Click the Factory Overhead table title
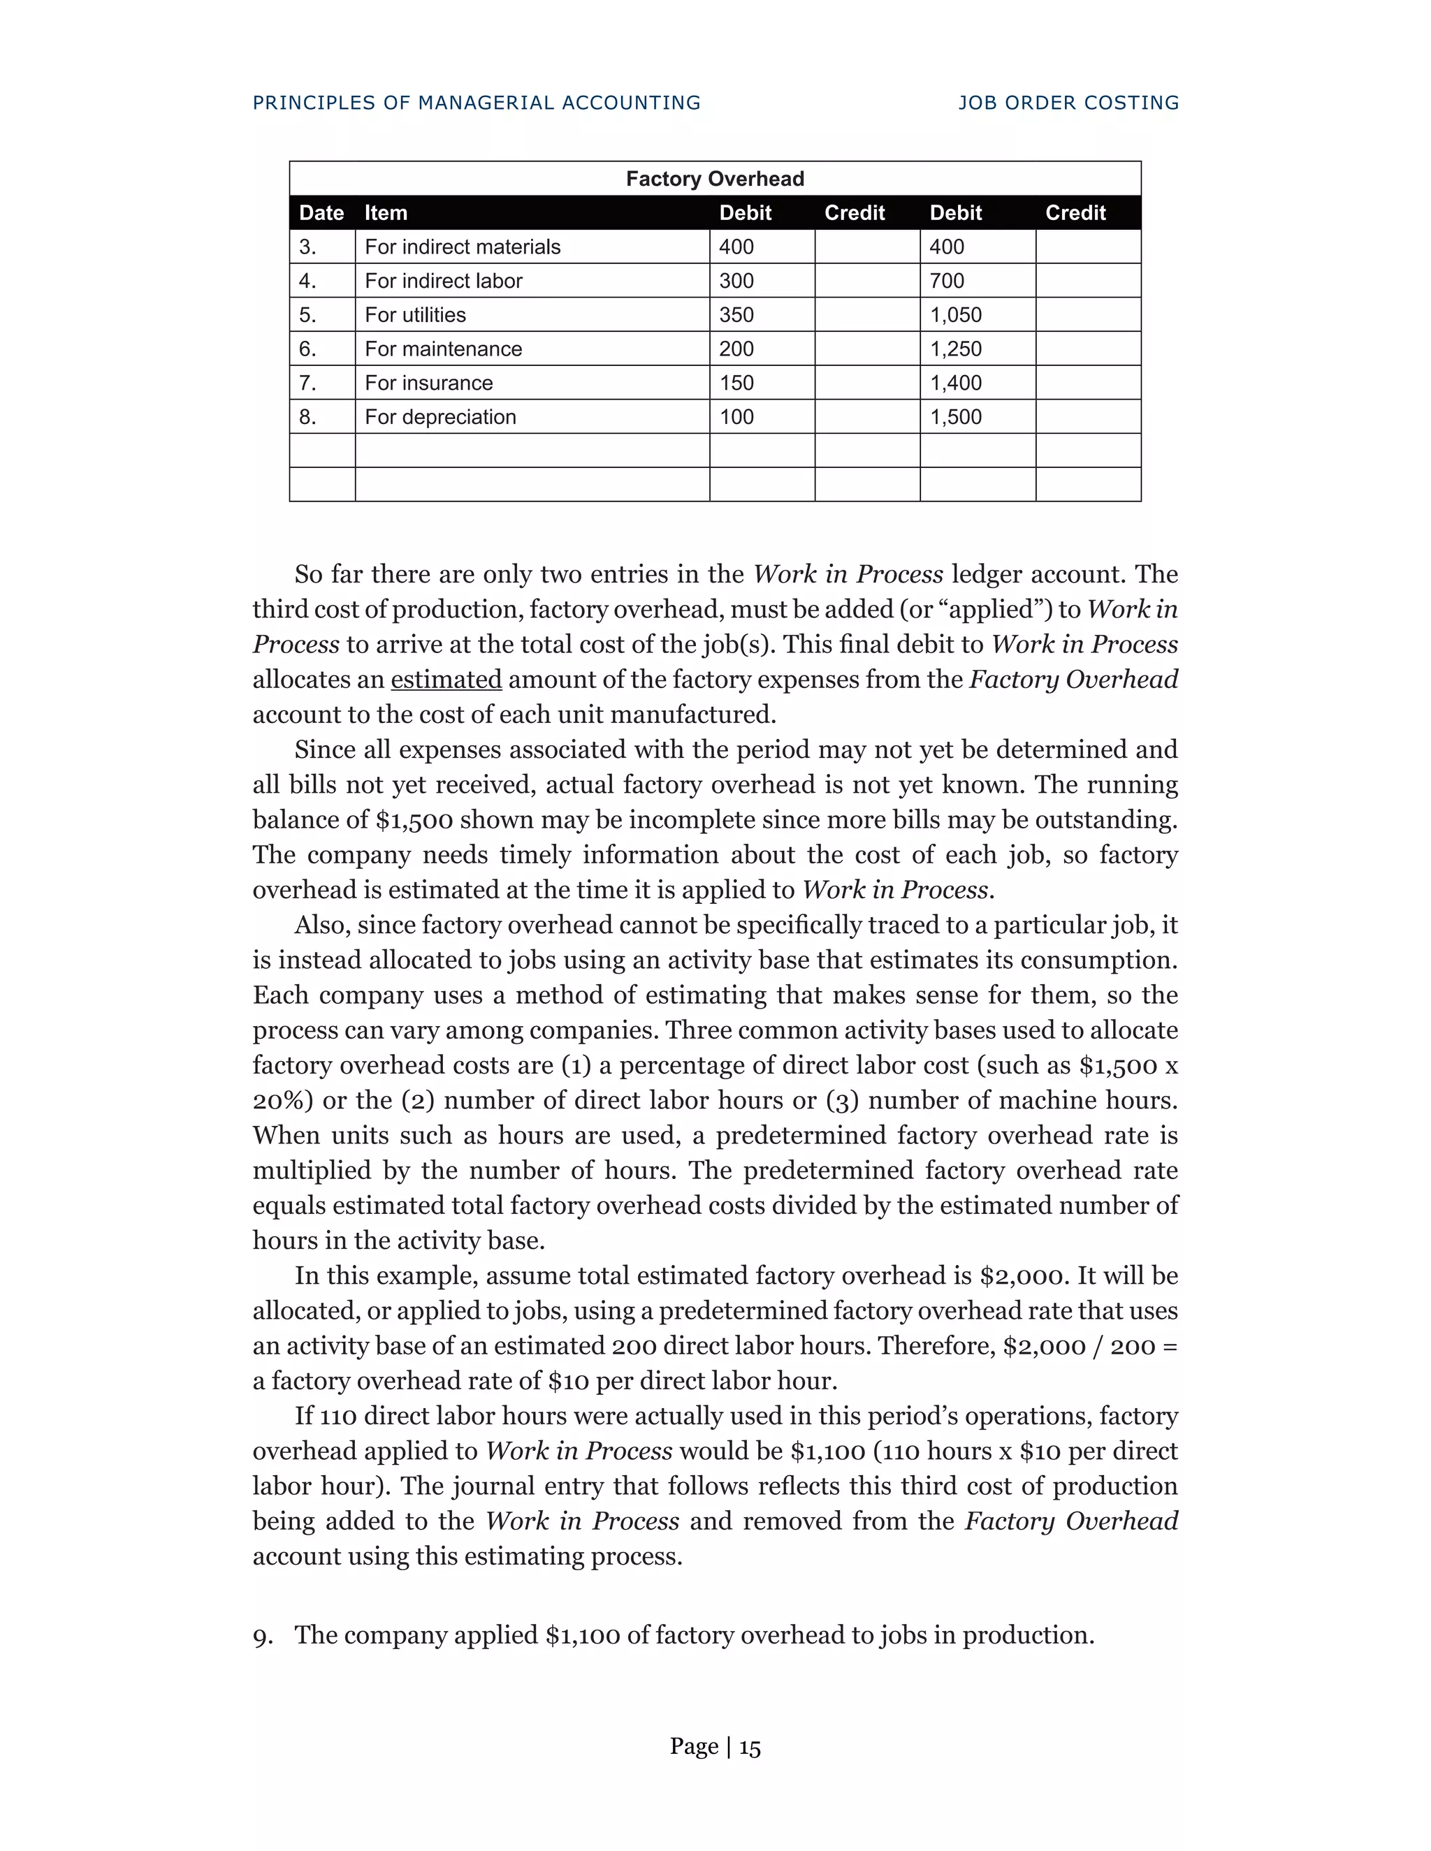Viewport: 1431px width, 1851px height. (715, 179)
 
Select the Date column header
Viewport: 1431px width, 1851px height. (321, 213)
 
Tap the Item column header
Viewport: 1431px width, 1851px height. (386, 213)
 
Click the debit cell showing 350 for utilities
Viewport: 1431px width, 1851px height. (736, 315)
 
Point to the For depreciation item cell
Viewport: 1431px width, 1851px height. (440, 417)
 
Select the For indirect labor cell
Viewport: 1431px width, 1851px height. (444, 281)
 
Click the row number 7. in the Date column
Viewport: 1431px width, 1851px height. (307, 383)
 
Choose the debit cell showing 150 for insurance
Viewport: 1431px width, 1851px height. (736, 383)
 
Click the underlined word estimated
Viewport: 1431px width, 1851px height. (446, 680)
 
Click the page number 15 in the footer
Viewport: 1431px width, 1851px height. (750, 1747)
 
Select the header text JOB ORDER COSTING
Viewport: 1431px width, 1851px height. (1068, 103)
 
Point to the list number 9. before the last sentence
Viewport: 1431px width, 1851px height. (263, 1635)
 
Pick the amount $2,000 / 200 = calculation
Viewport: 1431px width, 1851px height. (1089, 1346)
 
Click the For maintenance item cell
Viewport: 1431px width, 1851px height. (444, 349)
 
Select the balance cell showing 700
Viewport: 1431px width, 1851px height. (947, 281)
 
